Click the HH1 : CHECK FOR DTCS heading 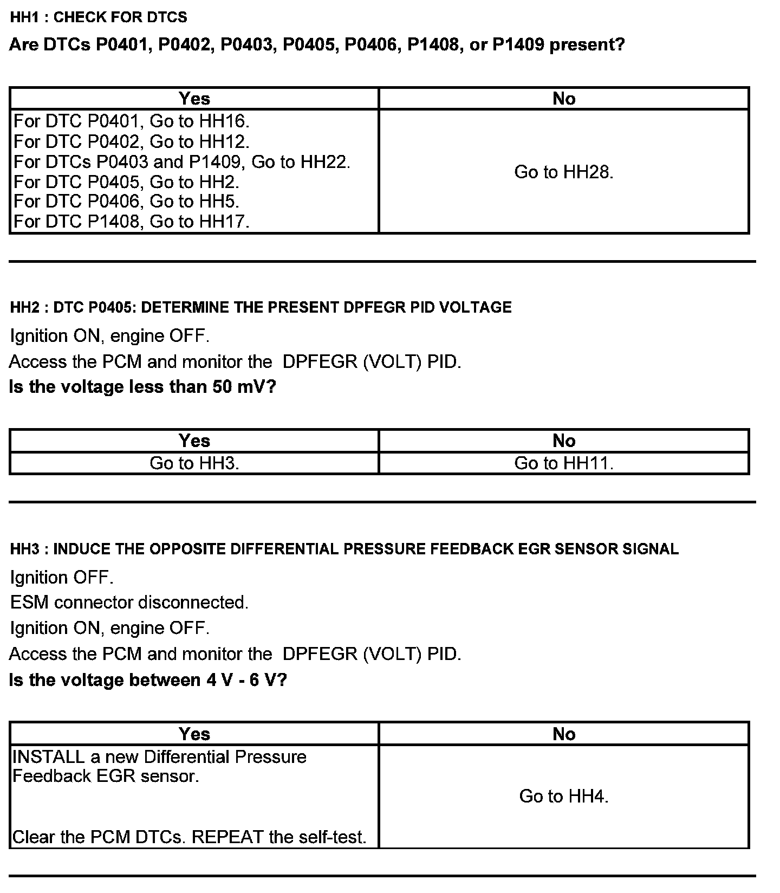coord(99,17)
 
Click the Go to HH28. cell coord(563,172)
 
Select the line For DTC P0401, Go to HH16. coord(131,121)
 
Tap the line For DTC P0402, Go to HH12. coord(131,141)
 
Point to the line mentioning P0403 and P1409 coord(181,161)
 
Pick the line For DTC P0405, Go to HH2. coord(126,182)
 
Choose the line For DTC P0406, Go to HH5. coord(126,202)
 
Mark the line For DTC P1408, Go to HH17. coord(131,222)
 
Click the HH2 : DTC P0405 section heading coord(261,307)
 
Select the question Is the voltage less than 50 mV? coord(142,387)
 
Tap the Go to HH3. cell coord(194,463)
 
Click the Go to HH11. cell coord(563,463)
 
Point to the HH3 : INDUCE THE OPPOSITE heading coord(344,549)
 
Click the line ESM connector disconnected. coord(129,603)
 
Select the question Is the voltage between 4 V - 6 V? coord(148,680)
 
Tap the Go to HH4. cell coord(563,796)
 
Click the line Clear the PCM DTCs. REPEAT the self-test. coord(189,837)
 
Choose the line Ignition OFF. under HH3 coord(61,578)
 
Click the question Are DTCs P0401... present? coord(317,44)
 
